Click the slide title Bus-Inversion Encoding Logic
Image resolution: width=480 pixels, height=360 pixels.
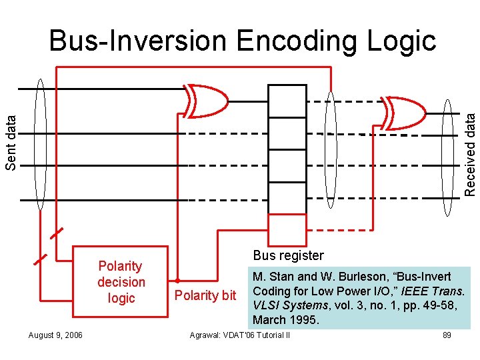coord(243,41)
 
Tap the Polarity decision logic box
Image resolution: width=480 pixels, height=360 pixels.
coord(121,283)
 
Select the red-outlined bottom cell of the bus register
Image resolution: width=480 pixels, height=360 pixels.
coord(287,230)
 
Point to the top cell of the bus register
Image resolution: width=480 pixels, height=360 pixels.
coord(287,96)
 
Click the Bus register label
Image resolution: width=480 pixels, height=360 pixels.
coord(288,255)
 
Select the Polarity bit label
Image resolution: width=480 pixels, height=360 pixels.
coord(205,295)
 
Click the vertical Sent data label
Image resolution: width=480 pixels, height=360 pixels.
coord(11,141)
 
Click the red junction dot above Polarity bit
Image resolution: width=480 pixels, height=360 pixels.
coord(178,280)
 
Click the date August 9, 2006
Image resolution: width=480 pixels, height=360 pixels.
coord(56,335)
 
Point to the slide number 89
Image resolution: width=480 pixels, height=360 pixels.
coord(447,335)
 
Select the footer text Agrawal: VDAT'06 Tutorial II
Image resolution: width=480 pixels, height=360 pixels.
coord(240,335)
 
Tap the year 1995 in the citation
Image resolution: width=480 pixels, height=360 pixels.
coord(304,320)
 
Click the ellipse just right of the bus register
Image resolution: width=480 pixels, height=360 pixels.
coord(330,155)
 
